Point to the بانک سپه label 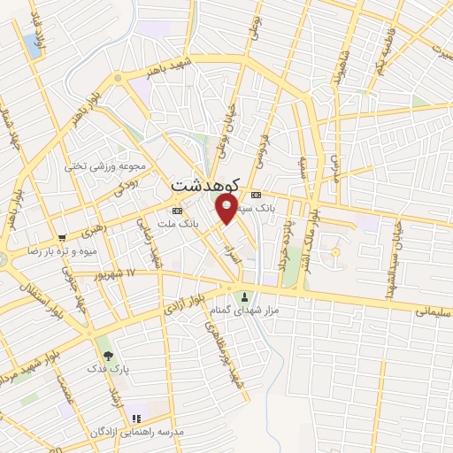[x=276, y=208]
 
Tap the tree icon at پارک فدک [x=108, y=354]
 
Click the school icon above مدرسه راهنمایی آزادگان [x=135, y=418]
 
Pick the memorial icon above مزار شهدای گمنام [x=247, y=296]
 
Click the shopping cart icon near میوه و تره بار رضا [x=62, y=237]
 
